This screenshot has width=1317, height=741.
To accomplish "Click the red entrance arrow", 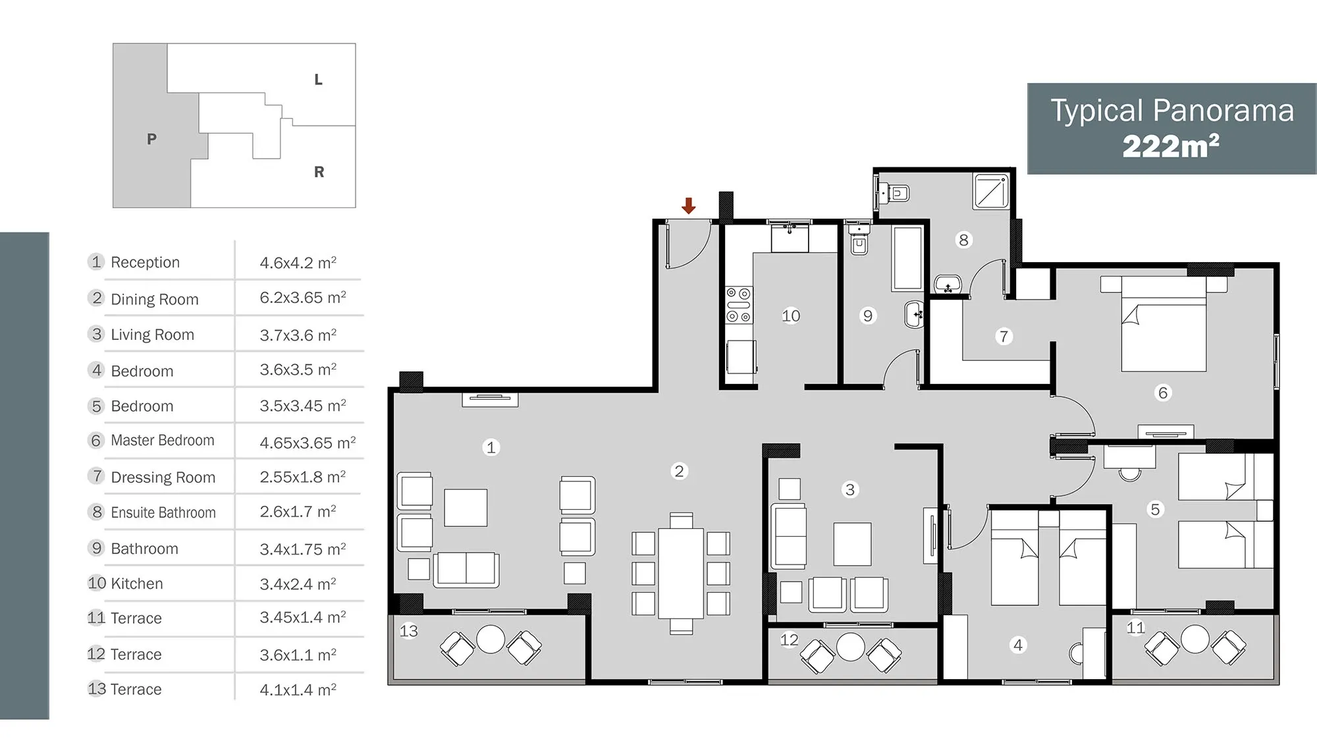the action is coord(689,206).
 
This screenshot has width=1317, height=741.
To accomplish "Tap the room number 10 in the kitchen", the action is coord(791,316).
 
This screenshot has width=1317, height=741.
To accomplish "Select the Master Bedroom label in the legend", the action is coord(163,440).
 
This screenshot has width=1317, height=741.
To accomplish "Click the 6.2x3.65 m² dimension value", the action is coord(303,298).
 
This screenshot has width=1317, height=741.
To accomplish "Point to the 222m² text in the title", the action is coord(1171,146).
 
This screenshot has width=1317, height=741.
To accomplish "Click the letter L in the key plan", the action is coord(318,80).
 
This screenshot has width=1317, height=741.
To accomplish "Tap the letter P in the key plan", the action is coord(151,139).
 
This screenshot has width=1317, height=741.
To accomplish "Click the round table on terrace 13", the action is coord(491,639).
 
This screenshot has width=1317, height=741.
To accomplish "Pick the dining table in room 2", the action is coord(681,573).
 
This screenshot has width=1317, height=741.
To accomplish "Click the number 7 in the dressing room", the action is coord(1004,337).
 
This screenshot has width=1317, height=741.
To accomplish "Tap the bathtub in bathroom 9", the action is coord(907,259).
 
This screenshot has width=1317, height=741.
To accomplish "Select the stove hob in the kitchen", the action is coord(738,305).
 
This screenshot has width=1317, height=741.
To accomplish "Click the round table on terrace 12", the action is coord(850,647).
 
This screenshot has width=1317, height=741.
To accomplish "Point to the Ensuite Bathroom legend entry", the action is coord(163,512).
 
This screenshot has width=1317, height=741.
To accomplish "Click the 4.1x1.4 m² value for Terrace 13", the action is coord(298,690).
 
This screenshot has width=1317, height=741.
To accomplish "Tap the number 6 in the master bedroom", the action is coord(1163,393).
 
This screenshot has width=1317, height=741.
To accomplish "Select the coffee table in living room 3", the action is coord(852,544).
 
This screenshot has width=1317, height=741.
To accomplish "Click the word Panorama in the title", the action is coord(1223,111).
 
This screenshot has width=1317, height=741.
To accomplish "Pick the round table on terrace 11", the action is coord(1195,639).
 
